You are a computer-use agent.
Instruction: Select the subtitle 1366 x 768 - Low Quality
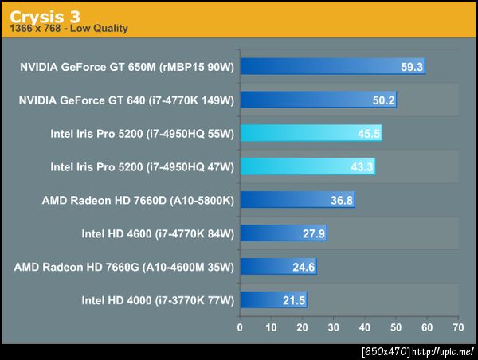click(69, 29)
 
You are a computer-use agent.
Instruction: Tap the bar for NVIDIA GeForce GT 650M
click(332, 66)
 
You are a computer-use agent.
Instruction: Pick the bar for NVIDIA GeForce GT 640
click(318, 100)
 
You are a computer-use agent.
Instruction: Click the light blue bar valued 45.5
click(311, 133)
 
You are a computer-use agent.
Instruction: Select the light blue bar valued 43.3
click(308, 166)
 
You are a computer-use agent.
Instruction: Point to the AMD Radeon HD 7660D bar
click(297, 200)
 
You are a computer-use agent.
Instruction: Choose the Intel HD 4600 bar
click(283, 233)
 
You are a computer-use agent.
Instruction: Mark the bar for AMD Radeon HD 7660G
click(278, 267)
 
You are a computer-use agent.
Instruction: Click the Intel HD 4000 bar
click(273, 300)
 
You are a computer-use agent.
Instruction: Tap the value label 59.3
click(412, 67)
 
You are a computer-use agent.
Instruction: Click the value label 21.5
click(294, 301)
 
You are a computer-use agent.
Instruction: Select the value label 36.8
click(342, 201)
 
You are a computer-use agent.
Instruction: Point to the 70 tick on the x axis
click(457, 327)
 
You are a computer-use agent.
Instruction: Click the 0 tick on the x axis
click(240, 327)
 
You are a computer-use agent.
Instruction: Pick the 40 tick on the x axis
click(364, 327)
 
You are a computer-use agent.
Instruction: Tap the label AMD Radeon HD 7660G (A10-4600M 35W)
click(123, 267)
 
